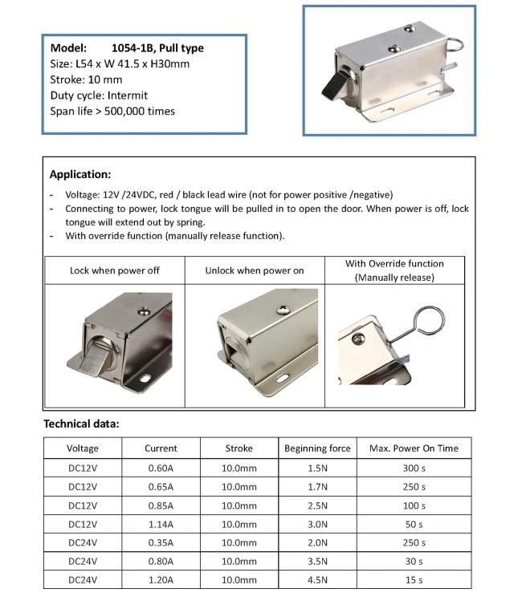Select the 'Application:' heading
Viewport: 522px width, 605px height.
(80, 174)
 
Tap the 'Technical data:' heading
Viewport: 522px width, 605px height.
(80, 424)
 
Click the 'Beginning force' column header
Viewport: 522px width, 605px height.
(317, 449)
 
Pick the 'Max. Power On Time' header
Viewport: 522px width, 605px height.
(413, 449)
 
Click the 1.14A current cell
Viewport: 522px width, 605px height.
(161, 524)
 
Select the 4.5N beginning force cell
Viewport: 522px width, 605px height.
(317, 579)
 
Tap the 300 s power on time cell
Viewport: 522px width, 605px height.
(413, 468)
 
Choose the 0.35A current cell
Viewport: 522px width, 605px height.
(161, 542)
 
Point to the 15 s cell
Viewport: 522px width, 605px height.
(413, 579)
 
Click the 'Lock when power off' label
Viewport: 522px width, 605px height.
(115, 270)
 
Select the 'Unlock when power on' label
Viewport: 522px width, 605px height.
(254, 270)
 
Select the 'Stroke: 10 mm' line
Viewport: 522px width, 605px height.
(86, 79)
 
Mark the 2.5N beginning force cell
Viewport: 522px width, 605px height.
(317, 506)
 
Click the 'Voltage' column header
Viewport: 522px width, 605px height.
(83, 449)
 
